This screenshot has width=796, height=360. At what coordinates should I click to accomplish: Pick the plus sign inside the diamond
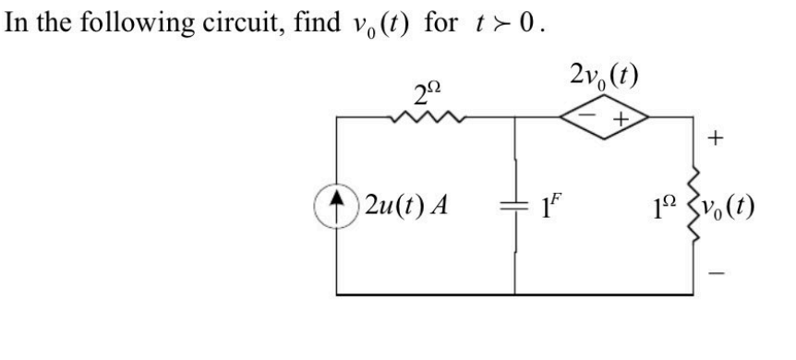621,117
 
